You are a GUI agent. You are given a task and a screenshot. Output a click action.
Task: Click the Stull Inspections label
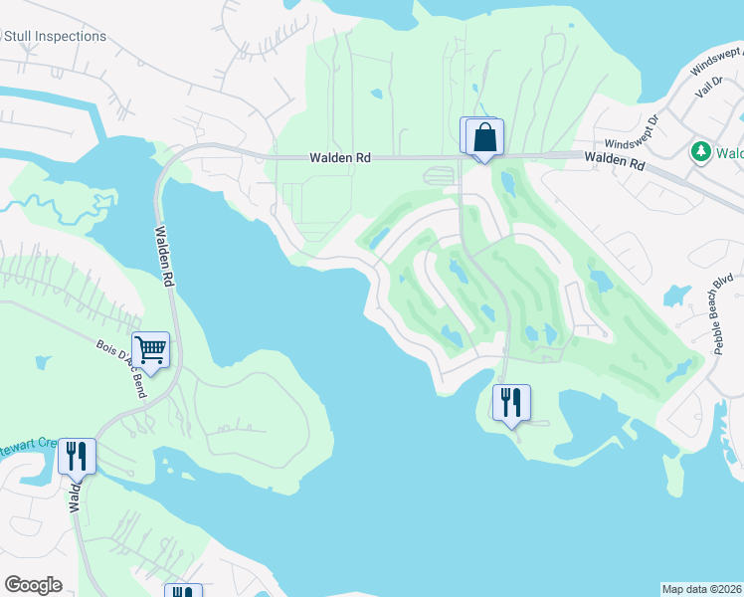pyautogui.click(x=55, y=37)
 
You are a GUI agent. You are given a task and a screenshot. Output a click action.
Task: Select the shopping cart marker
pyautogui.click(x=150, y=349)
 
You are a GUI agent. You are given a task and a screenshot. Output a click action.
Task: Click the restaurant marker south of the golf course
pyautogui.click(x=511, y=403)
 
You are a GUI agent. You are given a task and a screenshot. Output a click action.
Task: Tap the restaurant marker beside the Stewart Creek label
pyautogui.click(x=77, y=457)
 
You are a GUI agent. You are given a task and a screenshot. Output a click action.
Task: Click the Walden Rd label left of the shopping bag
pyautogui.click(x=337, y=158)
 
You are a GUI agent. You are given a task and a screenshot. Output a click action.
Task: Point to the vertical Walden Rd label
pyautogui.click(x=164, y=257)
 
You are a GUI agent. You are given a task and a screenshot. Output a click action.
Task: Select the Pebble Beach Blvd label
pyautogui.click(x=723, y=314)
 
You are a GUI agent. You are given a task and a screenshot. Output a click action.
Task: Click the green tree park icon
pyautogui.click(x=700, y=152)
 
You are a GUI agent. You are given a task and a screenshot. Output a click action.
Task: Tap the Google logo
pyautogui.click(x=33, y=584)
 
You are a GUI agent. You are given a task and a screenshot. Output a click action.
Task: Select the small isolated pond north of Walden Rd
pyautogui.click(x=377, y=96)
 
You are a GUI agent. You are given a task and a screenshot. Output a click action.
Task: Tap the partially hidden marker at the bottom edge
pyautogui.click(x=183, y=591)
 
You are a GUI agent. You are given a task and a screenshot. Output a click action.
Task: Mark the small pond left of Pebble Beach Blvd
pyautogui.click(x=676, y=296)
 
